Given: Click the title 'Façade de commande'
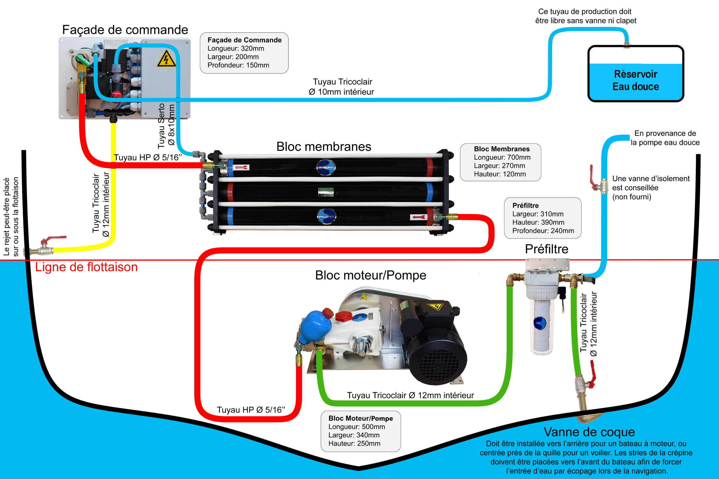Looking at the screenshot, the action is (125, 30).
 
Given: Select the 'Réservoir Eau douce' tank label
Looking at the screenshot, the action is (636, 80).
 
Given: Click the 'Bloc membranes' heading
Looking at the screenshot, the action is (324, 147).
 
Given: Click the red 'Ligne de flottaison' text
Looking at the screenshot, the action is (86, 267).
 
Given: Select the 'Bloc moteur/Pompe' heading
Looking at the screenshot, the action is (370, 275).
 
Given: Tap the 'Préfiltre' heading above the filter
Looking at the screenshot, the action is (547, 249).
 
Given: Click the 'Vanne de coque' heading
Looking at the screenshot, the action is (589, 432).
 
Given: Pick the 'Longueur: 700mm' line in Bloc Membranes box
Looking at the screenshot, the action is (502, 157).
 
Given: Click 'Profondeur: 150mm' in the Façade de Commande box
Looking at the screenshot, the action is (238, 65).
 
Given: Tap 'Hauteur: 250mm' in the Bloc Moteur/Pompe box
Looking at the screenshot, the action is (354, 443).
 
